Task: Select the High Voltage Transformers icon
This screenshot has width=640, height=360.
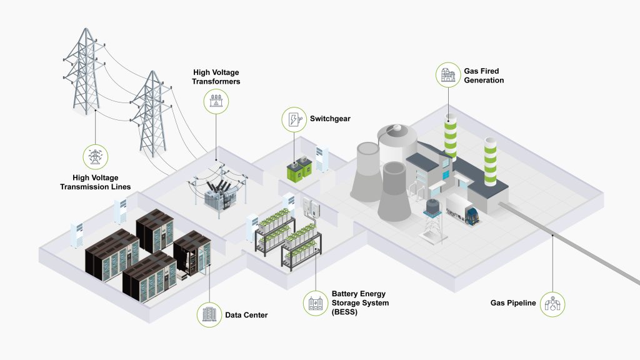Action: [216, 100]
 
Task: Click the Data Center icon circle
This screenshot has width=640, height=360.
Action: [209, 314]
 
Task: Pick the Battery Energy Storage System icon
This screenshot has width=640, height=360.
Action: [314, 303]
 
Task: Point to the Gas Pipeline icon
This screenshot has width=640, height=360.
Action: [553, 304]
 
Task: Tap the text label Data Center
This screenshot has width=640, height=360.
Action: [246, 315]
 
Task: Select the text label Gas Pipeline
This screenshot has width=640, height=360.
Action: [513, 304]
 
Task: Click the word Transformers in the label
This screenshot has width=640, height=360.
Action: [216, 81]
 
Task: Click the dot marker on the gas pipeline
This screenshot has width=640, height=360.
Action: [553, 236]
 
